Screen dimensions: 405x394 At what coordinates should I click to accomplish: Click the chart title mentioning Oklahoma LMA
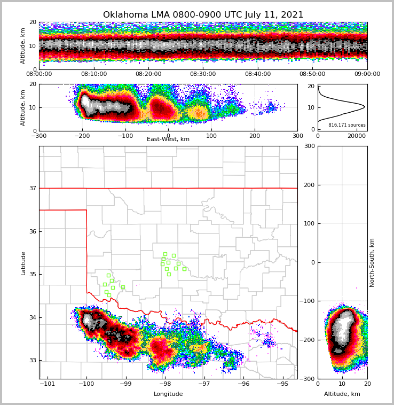pos(203,15)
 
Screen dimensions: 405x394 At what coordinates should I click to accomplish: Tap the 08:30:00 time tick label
pos(203,74)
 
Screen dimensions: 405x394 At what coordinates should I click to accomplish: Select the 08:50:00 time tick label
pos(312,74)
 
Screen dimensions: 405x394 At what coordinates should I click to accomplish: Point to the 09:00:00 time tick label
pos(367,74)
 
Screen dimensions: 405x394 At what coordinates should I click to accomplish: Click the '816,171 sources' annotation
pos(347,125)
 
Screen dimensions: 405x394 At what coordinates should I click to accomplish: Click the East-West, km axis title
pos(168,139)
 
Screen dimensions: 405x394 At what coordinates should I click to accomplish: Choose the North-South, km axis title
pos(373,262)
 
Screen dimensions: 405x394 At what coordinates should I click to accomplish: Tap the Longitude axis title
pos(168,394)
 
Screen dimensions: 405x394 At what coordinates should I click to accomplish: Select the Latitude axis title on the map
pos(23,263)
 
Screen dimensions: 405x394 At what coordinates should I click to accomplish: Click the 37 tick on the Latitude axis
pos(32,188)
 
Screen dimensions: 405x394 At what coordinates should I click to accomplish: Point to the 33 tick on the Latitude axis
pos(32,361)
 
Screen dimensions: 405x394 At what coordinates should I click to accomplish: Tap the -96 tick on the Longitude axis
pos(243,384)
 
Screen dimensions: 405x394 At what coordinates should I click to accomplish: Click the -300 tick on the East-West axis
pos(39,135)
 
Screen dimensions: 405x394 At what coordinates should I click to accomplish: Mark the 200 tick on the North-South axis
pos(309,185)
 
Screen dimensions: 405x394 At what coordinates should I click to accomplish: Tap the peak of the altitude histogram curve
pos(365,107)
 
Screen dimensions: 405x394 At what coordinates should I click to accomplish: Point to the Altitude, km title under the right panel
pos(342,394)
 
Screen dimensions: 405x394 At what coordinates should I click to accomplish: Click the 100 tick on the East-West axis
pos(211,135)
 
